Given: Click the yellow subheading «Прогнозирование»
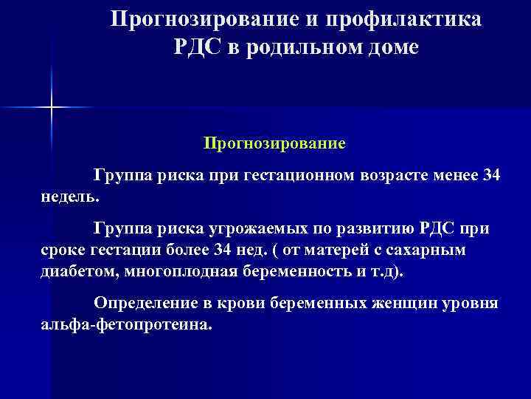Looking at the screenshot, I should pyautogui.click(x=274, y=141).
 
